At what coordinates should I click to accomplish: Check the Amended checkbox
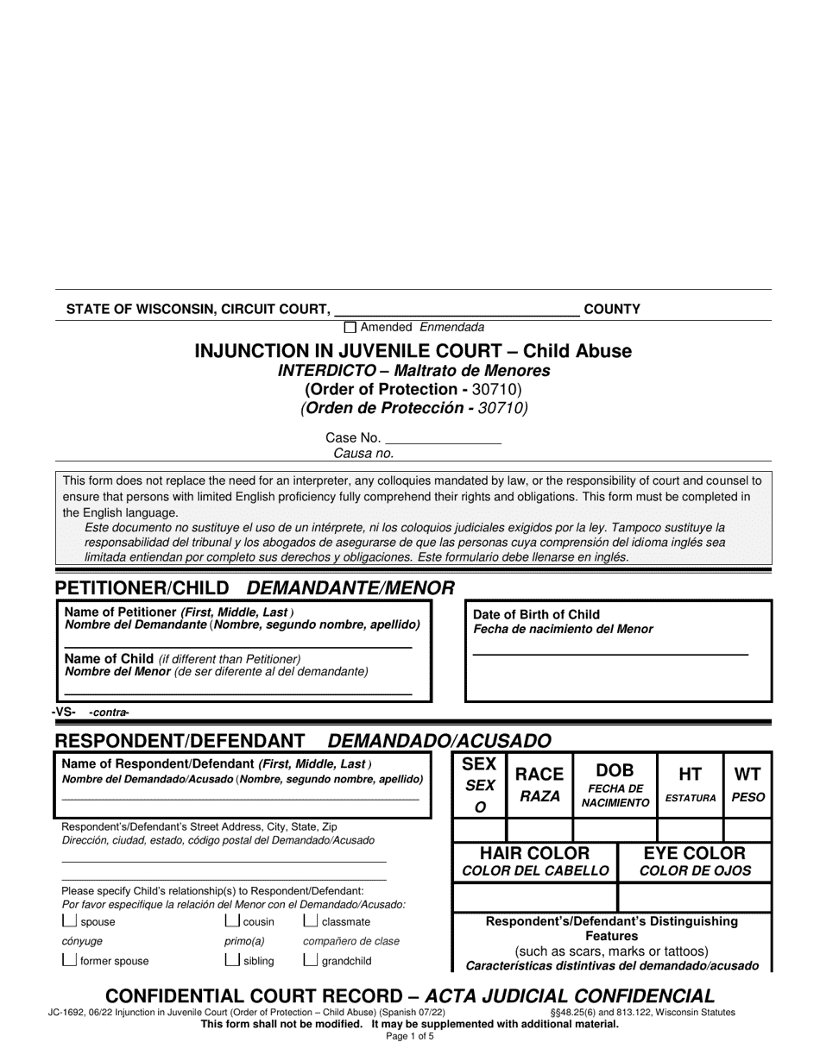click(350, 328)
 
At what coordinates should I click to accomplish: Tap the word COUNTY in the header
click(612, 309)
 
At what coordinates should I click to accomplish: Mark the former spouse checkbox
click(69, 960)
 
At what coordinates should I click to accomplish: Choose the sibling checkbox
click(231, 960)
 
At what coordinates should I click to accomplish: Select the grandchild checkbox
click(310, 960)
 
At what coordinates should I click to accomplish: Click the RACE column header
click(539, 784)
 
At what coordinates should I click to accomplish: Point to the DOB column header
click(615, 784)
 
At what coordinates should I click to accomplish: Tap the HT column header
click(690, 784)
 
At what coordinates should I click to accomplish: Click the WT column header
click(747, 784)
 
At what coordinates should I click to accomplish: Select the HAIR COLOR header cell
click(534, 861)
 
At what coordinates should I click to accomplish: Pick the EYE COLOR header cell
click(695, 861)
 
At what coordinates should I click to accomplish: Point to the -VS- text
click(64, 712)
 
